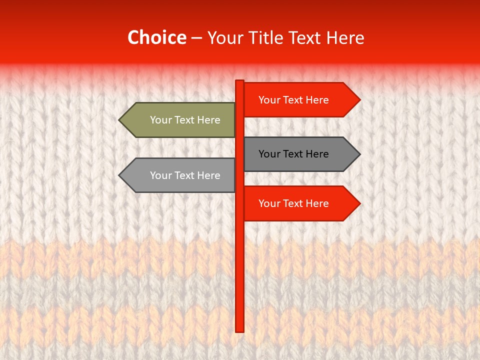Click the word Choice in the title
[156, 38]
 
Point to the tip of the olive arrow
[120, 120]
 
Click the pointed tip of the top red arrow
[359, 100]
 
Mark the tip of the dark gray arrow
[359, 154]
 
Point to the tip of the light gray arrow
[120, 175]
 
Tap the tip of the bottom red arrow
[359, 203]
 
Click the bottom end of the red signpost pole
[240, 330]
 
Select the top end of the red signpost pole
[240, 81]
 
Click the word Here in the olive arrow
[208, 120]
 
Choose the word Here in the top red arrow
[316, 100]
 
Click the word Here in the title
[345, 38]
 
